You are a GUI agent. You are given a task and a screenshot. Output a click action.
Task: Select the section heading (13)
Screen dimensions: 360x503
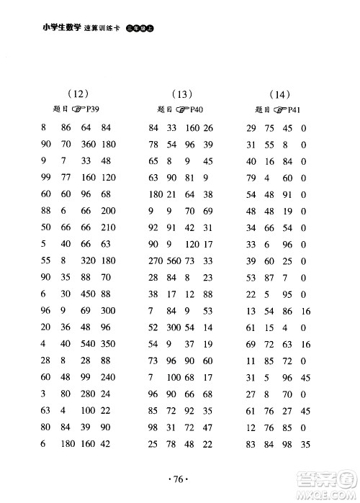tap(184, 93)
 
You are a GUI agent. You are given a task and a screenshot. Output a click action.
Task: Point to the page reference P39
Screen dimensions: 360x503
tap(91, 110)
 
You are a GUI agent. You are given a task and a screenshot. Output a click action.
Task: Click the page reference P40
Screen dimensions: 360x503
tap(195, 110)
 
